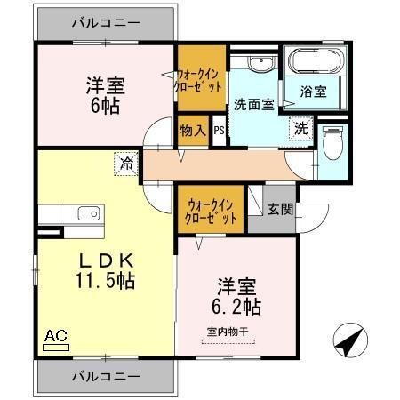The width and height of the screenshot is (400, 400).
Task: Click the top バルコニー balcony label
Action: click(x=106, y=24)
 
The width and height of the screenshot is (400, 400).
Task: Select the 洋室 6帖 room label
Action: click(x=105, y=94)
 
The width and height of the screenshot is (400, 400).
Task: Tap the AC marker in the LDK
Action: click(x=55, y=338)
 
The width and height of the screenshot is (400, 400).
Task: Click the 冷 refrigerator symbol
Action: click(x=127, y=164)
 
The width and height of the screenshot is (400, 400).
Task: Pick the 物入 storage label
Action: click(x=192, y=131)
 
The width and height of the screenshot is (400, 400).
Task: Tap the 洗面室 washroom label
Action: click(x=253, y=103)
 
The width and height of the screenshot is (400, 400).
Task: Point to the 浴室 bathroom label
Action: click(x=313, y=91)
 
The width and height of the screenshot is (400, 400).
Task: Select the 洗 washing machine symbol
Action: click(x=302, y=128)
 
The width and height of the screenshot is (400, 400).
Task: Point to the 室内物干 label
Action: click(x=225, y=332)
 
